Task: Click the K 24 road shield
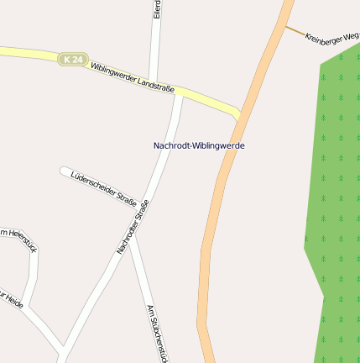73,59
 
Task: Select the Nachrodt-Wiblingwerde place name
199,145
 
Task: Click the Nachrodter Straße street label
133,227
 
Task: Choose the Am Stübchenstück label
158,333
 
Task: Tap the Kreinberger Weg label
331,38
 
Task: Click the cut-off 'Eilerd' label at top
157,9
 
